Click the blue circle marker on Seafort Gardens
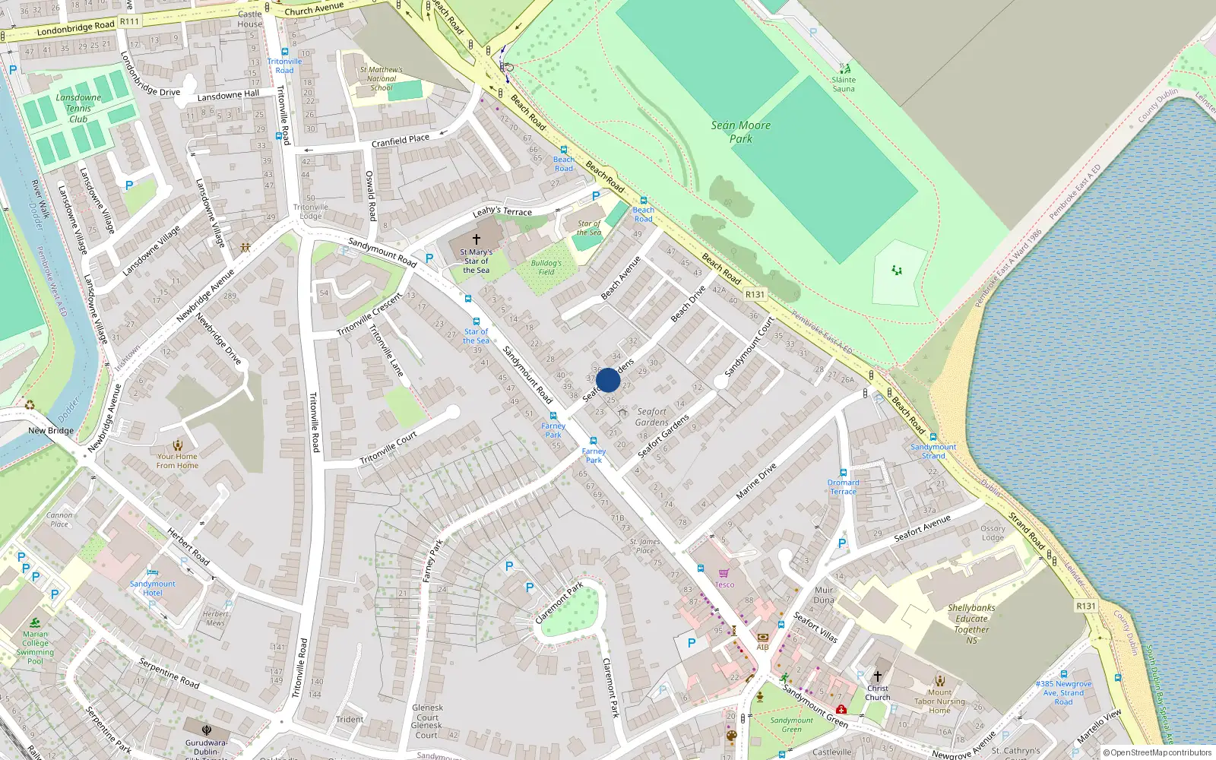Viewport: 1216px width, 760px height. click(608, 380)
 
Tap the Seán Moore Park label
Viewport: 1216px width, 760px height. click(740, 131)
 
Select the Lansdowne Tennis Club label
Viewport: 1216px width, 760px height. click(78, 108)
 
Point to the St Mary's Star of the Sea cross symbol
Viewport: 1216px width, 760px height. click(477, 239)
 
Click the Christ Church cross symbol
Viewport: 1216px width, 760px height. click(877, 676)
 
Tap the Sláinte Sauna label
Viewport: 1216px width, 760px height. click(843, 84)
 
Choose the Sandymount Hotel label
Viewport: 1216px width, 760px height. click(152, 588)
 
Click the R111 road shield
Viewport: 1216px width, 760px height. click(130, 21)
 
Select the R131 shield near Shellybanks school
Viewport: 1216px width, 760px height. click(1086, 606)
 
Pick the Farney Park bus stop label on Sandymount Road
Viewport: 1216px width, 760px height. click(553, 430)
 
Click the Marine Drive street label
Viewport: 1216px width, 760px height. click(756, 481)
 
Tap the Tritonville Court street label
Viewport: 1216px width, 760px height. click(388, 448)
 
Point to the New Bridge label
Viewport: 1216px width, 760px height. click(51, 430)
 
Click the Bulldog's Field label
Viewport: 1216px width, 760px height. click(546, 268)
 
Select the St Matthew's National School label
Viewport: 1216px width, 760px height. click(382, 78)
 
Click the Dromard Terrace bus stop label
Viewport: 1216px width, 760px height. click(843, 486)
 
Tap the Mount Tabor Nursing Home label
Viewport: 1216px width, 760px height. click(939, 701)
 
